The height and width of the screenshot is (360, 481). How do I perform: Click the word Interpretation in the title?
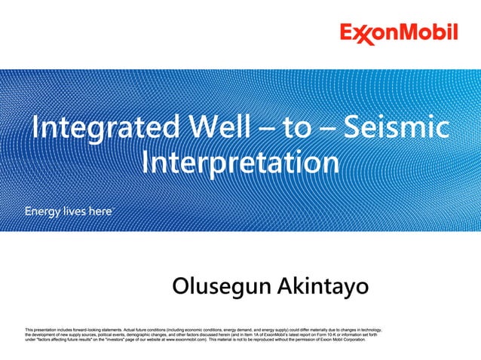coord(240,161)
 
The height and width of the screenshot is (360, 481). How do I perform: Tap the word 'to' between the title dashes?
coord(293,127)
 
